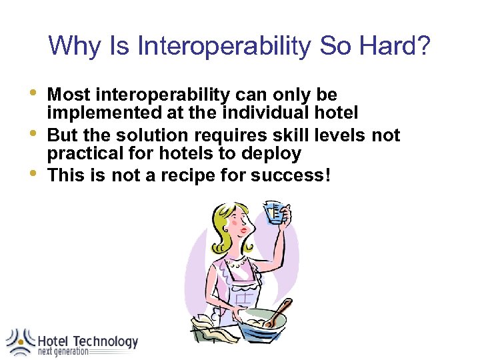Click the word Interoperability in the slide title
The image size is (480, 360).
tap(223, 47)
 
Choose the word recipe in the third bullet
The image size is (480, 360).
tap(187, 177)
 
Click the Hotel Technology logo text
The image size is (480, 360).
tap(87, 341)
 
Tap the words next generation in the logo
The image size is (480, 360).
tap(63, 352)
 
